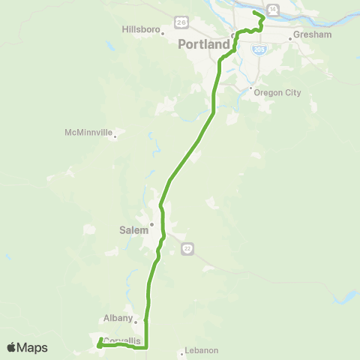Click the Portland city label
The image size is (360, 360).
pos(203,45)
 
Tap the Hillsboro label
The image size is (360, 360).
pos(141,29)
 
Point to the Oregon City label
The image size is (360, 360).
pos(277,93)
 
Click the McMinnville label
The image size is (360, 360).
pos(88,133)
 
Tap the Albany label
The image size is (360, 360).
pos(118,318)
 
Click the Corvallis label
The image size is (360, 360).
pos(122,341)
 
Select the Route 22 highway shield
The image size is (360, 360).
pos(187,248)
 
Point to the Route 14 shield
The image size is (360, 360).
pos(273,9)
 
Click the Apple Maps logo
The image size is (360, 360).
pos(26,347)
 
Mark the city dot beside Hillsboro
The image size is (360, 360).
pos(163,33)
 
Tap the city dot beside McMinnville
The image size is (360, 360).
pos(115,137)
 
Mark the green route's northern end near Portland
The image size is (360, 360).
pos(255,13)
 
